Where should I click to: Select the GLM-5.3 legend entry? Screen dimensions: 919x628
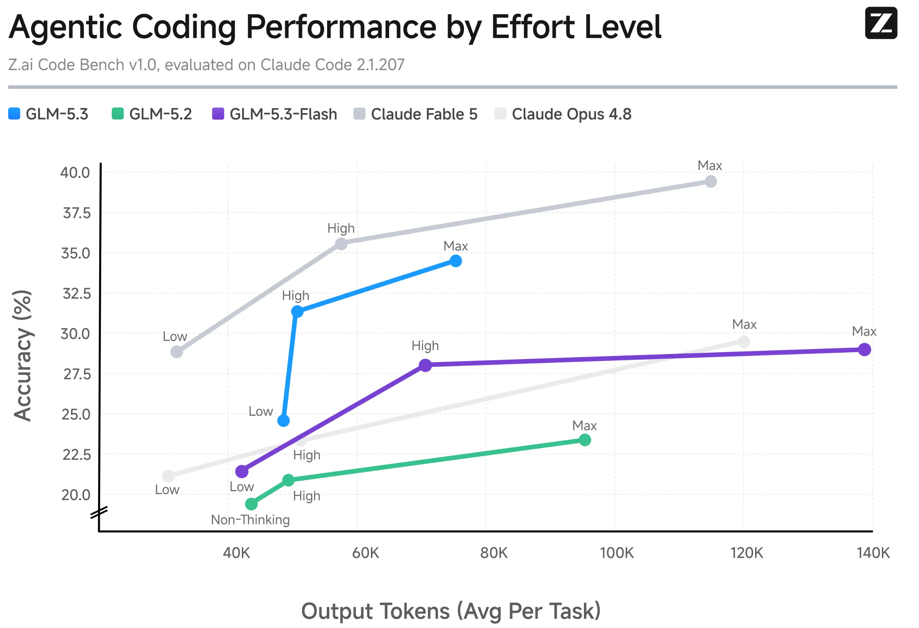pos(48,114)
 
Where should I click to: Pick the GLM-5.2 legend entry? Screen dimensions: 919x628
pos(152,114)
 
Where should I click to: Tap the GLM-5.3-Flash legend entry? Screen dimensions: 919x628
pos(274,114)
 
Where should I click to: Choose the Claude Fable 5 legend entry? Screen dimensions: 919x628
pos(415,114)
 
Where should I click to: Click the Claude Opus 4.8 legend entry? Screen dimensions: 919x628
pos(563,114)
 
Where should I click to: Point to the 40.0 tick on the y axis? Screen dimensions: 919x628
pos(75,173)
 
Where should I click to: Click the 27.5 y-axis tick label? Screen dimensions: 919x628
pos(77,374)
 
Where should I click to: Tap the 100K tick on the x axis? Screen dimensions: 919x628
pos(616,553)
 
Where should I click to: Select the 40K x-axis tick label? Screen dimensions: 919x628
pos(236,553)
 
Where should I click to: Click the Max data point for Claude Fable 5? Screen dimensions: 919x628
pos(711,182)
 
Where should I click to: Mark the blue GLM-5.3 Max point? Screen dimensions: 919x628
pos(456,261)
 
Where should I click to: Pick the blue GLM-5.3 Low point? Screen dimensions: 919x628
pos(283,421)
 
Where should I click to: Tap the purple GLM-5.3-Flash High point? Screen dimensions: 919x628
pos(425,365)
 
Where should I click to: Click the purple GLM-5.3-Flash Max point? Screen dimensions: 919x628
pos(865,350)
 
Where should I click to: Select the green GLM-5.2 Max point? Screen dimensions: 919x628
pos(585,440)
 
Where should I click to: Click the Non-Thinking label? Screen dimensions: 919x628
pos(250,520)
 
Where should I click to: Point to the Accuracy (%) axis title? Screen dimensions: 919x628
pos(23,356)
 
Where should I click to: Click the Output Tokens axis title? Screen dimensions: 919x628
pos(451,611)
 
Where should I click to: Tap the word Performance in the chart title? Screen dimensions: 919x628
pos(341,27)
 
